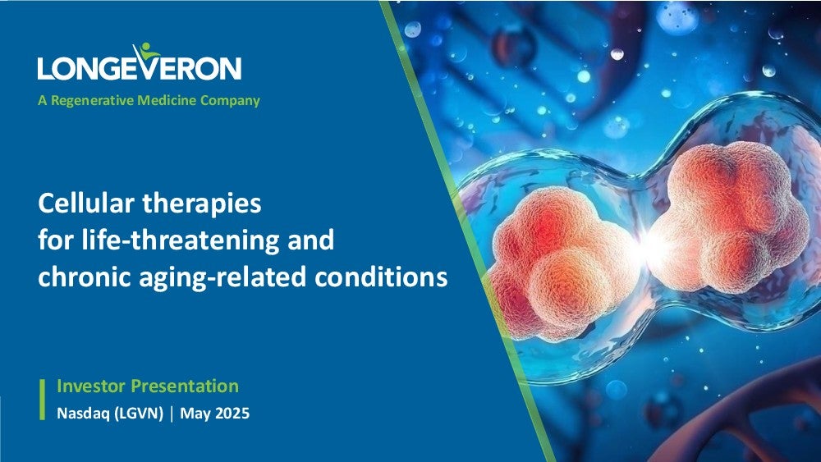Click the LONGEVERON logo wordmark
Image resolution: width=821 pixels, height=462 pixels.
(x=140, y=67)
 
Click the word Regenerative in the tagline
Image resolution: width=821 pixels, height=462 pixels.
(x=92, y=100)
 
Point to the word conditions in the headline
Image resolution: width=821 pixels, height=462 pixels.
(x=381, y=277)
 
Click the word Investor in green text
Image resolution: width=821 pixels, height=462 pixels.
(x=91, y=387)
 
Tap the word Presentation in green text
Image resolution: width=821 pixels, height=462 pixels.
(x=185, y=387)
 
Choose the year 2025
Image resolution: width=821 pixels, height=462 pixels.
(x=232, y=414)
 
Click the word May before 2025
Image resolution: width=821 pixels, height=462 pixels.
(x=195, y=414)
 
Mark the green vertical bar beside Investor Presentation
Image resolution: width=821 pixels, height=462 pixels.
(x=43, y=400)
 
